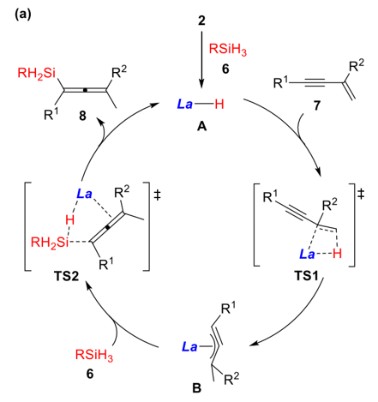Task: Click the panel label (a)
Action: [x=22, y=15]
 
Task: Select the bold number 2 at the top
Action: [x=201, y=21]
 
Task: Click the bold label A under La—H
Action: [x=201, y=126]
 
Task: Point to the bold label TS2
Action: [x=66, y=276]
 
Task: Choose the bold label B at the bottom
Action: [x=196, y=388]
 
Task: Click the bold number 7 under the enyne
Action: [x=317, y=105]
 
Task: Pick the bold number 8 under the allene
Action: [x=82, y=116]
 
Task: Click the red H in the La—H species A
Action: [x=219, y=105]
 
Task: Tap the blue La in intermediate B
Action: [x=190, y=347]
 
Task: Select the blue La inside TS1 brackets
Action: [x=307, y=254]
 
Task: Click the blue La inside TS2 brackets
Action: [x=84, y=195]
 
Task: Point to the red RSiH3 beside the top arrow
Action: [x=228, y=49]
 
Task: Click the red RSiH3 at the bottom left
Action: [x=94, y=355]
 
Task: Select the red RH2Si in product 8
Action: [x=36, y=74]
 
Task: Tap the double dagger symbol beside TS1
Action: [x=361, y=195]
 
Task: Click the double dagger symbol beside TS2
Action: [x=157, y=195]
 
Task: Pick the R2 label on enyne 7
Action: [x=357, y=66]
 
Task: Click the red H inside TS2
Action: [x=69, y=220]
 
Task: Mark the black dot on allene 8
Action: [x=85, y=90]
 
